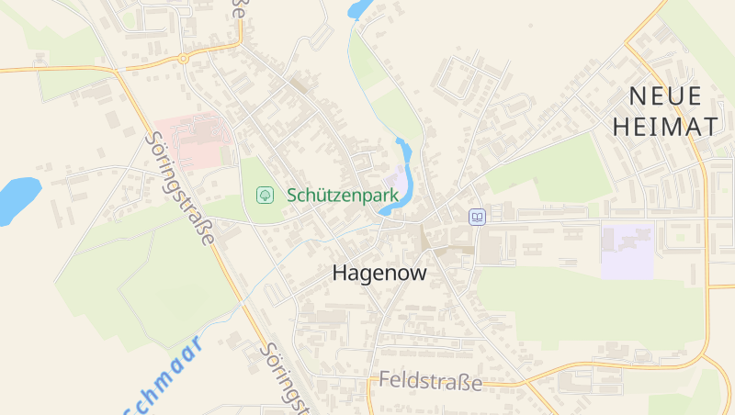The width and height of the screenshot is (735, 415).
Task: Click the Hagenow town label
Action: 379,273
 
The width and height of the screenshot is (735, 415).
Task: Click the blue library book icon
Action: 477,217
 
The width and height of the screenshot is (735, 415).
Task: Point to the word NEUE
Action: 665,95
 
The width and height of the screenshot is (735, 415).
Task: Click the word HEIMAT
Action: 665,127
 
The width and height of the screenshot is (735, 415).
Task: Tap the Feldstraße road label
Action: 430,381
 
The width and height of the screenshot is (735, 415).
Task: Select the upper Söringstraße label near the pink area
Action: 180,188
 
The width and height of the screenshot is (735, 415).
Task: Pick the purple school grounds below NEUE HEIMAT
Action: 628,251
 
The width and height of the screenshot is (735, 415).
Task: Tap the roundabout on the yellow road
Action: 183,58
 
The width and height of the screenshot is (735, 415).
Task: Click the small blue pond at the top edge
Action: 358,9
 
